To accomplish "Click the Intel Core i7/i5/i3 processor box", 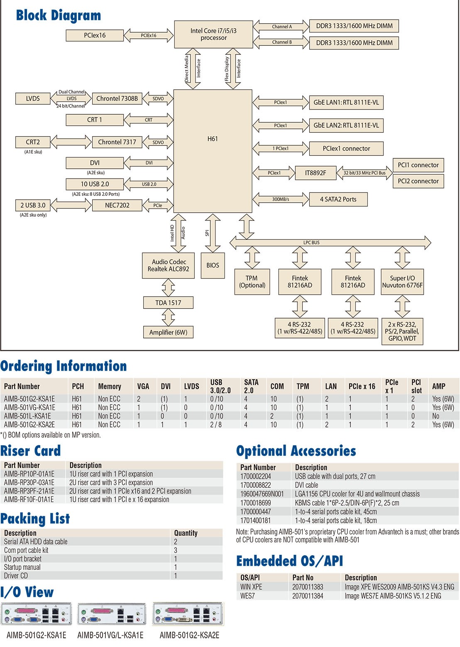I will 213,34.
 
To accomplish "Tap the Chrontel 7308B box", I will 117,99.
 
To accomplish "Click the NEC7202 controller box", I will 117,205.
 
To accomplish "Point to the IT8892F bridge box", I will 315,173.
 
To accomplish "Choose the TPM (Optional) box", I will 252,282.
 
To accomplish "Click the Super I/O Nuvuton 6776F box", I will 402,282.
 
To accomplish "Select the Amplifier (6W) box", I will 168,332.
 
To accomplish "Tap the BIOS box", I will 213,265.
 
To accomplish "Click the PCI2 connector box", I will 418,181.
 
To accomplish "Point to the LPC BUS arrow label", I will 311,243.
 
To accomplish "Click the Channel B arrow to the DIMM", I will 281,42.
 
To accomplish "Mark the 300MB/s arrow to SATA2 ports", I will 281,199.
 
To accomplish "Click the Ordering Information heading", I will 64,366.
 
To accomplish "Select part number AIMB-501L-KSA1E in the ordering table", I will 27,416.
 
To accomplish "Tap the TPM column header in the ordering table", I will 303,386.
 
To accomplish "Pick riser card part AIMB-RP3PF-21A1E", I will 29,491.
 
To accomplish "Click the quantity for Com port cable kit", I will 176,550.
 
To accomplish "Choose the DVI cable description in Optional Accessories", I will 306,485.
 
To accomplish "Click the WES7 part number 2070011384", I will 308,596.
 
